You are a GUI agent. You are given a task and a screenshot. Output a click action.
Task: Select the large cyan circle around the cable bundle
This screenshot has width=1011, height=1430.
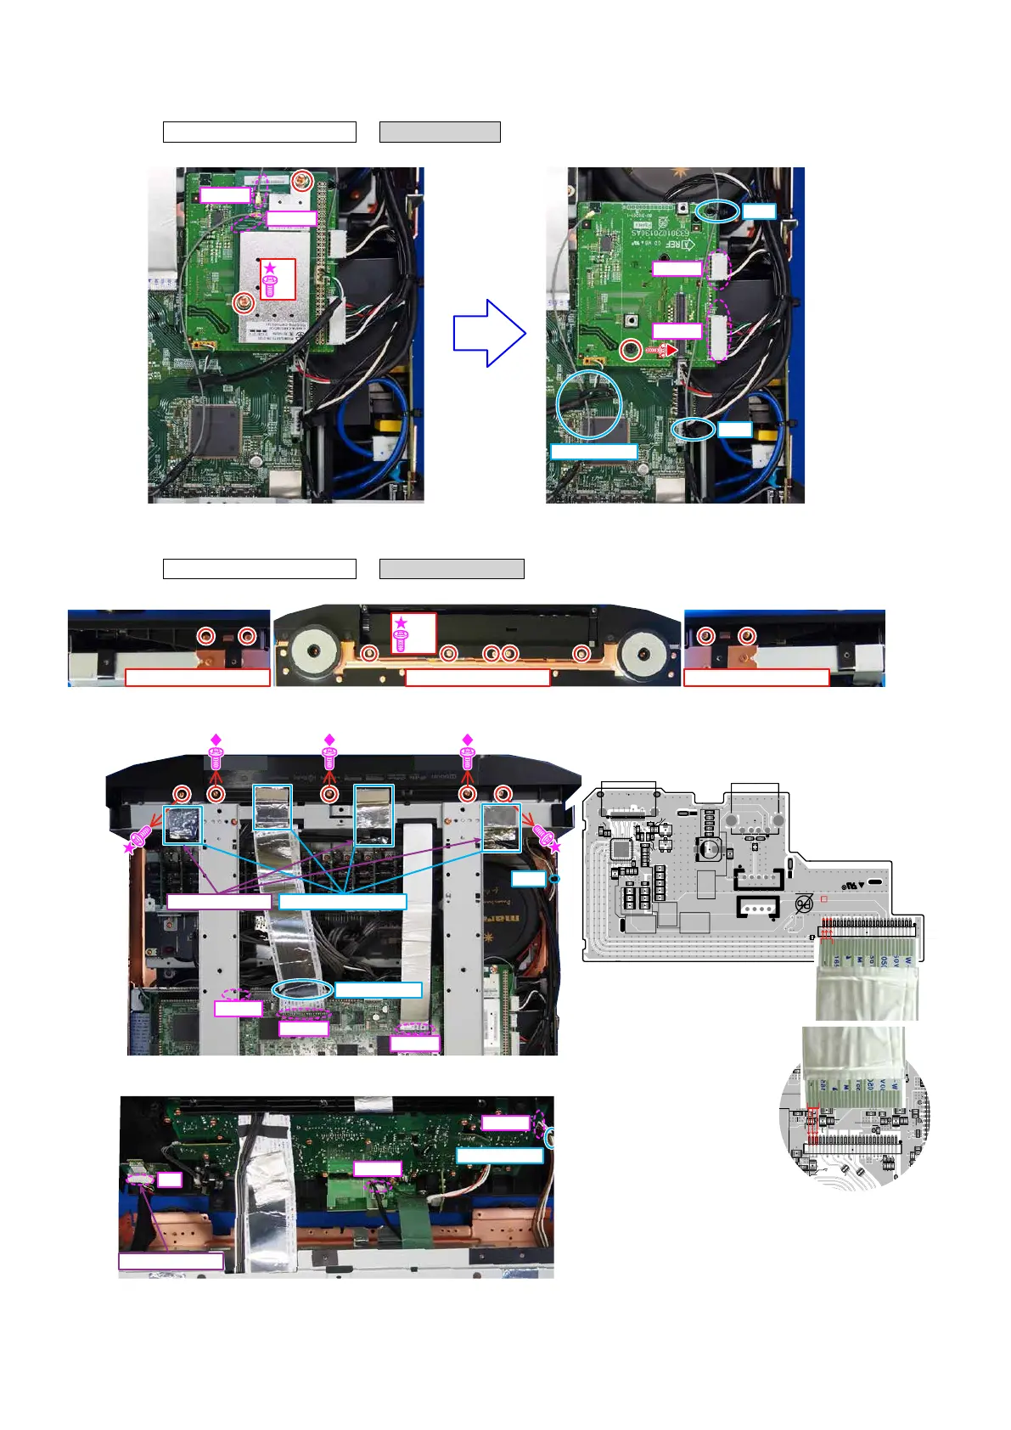589,404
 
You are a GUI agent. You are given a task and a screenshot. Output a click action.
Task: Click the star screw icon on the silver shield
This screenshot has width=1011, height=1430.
270,281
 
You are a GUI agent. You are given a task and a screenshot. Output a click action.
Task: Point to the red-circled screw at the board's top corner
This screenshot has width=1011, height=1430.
300,180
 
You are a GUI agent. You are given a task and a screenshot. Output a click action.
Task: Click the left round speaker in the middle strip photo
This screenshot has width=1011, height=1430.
313,650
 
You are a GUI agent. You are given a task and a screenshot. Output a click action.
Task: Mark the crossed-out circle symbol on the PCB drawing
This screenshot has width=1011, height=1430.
804,905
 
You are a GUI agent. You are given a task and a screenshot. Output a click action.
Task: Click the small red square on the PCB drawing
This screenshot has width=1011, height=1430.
823,898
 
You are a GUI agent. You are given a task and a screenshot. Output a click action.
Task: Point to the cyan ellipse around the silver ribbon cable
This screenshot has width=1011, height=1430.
302,989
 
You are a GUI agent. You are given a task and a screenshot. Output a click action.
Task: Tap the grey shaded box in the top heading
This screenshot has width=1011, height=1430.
440,132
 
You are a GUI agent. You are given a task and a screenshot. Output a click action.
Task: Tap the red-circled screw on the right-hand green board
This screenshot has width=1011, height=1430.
630,350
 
